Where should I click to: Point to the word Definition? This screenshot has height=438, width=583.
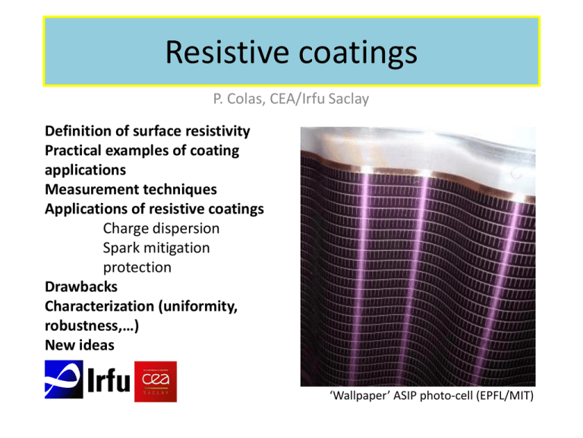pos(80,132)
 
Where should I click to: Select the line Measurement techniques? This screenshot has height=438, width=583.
pos(131,188)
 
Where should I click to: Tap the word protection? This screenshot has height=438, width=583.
pos(137,268)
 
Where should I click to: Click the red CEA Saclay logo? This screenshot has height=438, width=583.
pos(156,381)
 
